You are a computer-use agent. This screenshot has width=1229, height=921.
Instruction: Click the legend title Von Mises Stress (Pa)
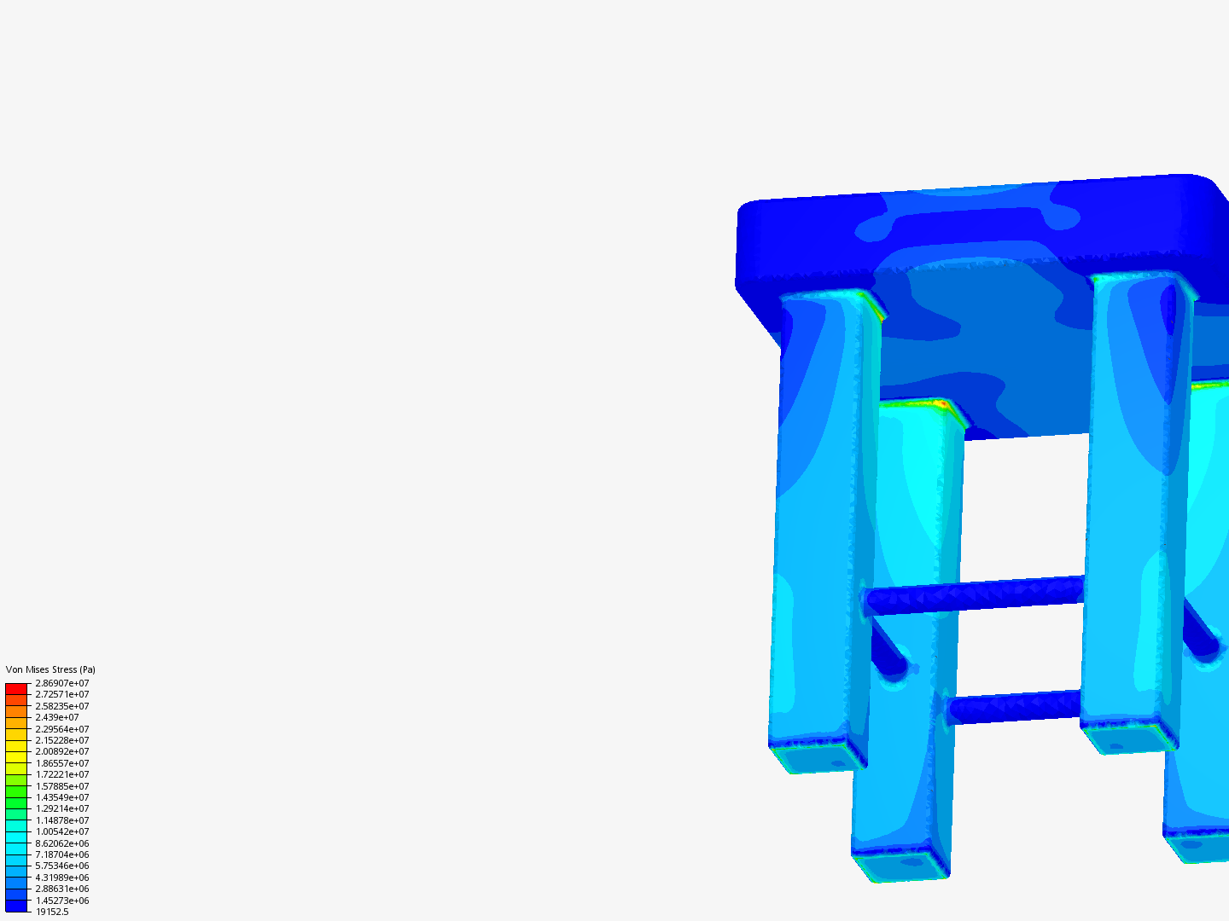(x=50, y=669)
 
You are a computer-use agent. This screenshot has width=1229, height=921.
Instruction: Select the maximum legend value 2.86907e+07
(x=61, y=683)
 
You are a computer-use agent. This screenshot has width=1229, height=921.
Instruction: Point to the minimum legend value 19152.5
(x=51, y=912)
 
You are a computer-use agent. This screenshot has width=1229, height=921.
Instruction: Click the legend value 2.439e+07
(x=56, y=717)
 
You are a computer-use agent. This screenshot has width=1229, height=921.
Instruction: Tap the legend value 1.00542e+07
(x=61, y=831)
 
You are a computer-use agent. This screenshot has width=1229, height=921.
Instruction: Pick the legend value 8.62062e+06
(x=61, y=843)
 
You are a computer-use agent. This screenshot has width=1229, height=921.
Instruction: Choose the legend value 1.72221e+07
(x=61, y=774)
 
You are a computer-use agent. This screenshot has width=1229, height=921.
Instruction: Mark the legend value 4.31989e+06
(x=61, y=878)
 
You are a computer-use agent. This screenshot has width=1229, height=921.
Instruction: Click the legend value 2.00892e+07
(x=61, y=751)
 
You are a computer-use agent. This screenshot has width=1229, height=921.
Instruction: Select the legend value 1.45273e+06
(x=61, y=901)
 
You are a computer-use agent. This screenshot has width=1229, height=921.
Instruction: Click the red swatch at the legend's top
(x=16, y=688)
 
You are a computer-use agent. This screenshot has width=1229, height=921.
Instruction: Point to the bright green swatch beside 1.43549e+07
(x=16, y=797)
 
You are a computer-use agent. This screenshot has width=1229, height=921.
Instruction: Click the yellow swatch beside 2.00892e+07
(x=16, y=751)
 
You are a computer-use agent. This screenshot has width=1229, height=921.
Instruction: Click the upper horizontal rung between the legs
(x=975, y=596)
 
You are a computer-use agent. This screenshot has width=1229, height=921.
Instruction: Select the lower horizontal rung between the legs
(x=1014, y=707)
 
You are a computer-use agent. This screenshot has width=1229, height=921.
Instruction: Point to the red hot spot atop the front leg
(x=941, y=403)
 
